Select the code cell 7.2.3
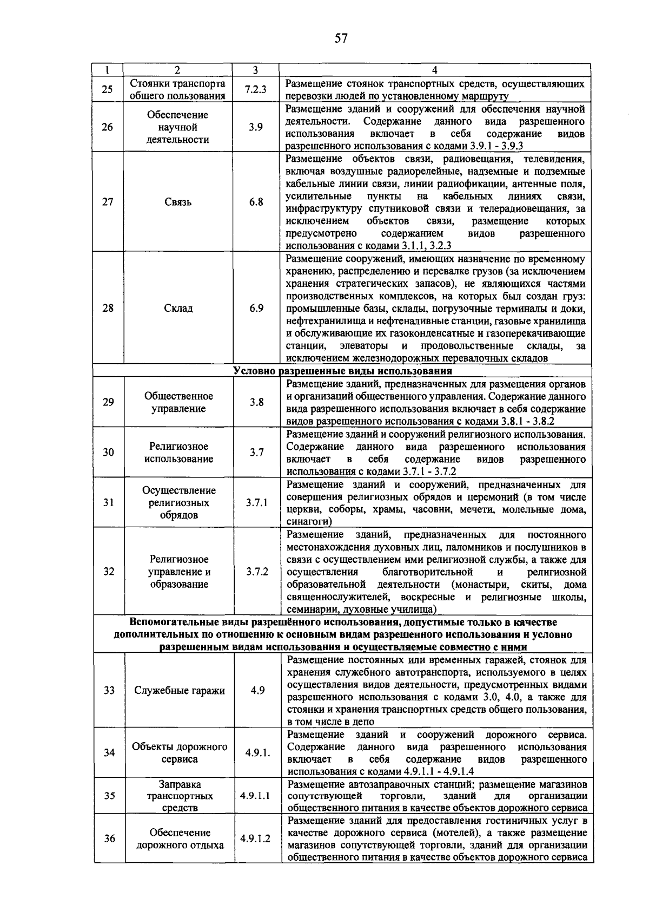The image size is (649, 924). coord(255,89)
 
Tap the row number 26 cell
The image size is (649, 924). coord(108,127)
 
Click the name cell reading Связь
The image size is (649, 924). coord(177,202)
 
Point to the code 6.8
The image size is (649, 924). coord(256,202)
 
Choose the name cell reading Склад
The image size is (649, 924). coord(178,308)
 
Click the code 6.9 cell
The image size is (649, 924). coord(256,308)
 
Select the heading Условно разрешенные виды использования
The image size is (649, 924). coord(342,371)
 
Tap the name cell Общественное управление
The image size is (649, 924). coord(178,402)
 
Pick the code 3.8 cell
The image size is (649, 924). coord(257,402)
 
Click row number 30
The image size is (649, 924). coord(109,452)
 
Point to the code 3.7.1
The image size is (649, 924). coord(257,502)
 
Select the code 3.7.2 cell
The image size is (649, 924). coord(257,572)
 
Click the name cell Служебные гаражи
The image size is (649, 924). coord(180,690)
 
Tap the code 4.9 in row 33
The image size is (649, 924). coord(258,690)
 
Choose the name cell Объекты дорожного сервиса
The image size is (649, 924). coord(180,753)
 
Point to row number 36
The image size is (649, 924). coord(110,838)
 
